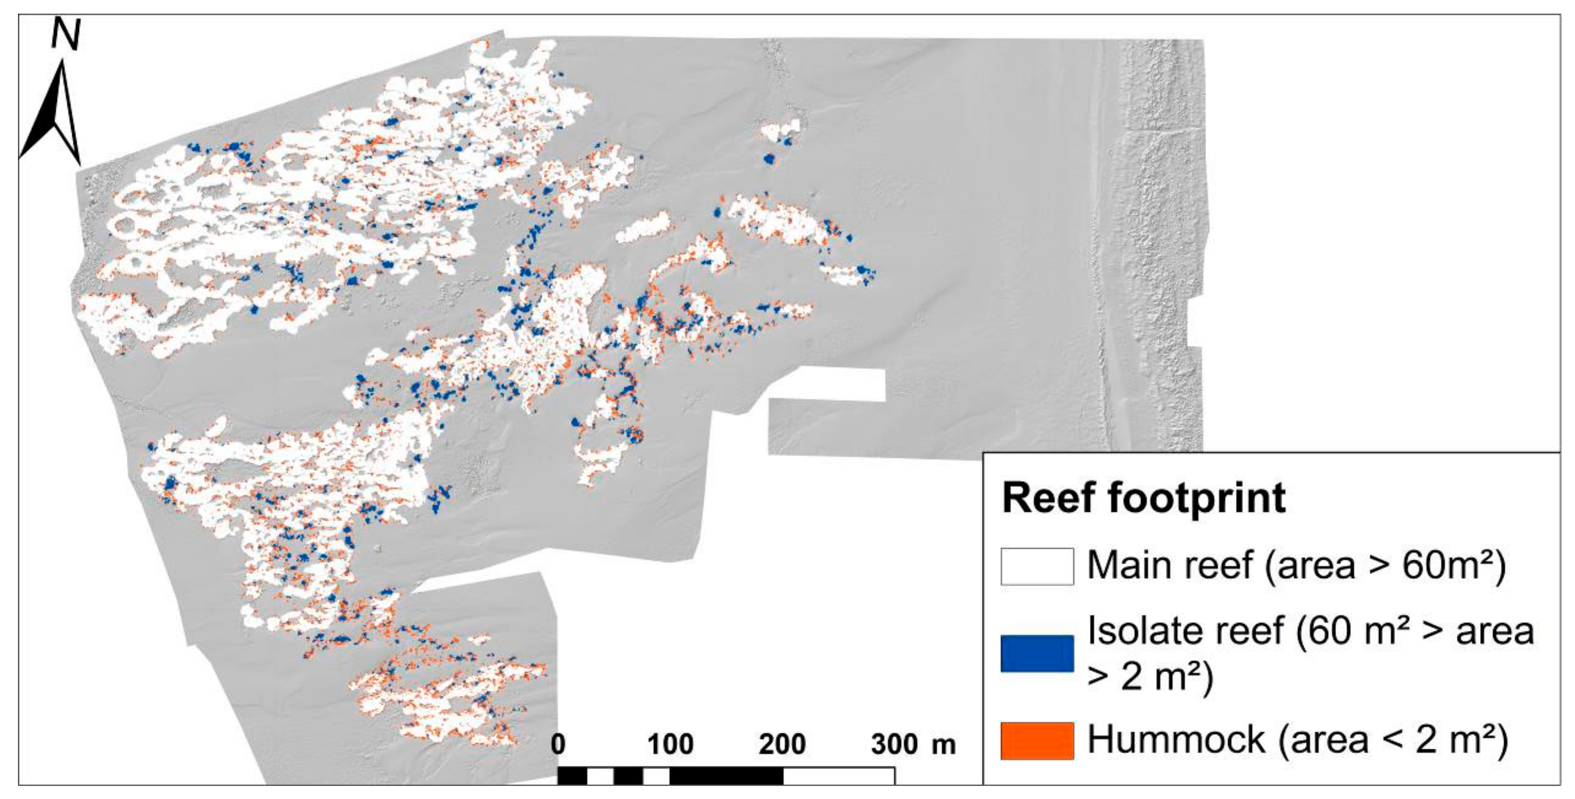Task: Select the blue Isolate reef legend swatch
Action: click(1037, 653)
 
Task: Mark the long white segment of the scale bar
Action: click(839, 776)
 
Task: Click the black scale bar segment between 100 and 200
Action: click(726, 776)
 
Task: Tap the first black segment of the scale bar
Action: click(572, 776)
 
